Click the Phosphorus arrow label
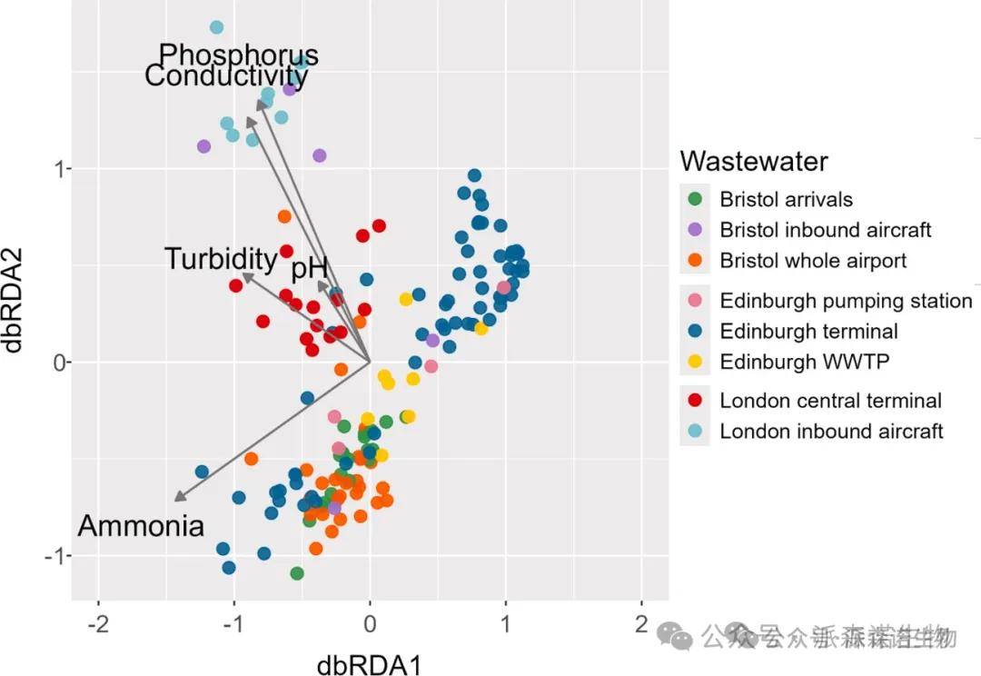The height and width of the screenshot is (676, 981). [239, 55]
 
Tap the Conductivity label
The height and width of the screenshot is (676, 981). [226, 76]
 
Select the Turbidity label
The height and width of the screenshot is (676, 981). [221, 260]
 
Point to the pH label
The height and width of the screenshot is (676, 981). [309, 270]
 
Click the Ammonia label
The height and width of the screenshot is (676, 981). [141, 526]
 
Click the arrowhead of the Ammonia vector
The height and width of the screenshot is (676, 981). [176, 499]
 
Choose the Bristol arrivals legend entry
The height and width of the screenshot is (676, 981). [786, 199]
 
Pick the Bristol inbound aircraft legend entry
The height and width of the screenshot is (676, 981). [825, 230]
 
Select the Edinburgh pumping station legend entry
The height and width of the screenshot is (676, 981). [845, 301]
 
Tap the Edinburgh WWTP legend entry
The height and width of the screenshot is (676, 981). [804, 362]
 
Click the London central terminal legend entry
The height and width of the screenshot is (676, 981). [830, 401]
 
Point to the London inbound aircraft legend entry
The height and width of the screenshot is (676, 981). [831, 432]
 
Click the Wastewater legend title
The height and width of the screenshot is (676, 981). [754, 162]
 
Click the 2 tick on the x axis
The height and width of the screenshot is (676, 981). [642, 625]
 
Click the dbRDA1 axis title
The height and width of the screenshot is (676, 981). [369, 664]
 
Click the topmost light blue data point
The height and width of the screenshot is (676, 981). [216, 27]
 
